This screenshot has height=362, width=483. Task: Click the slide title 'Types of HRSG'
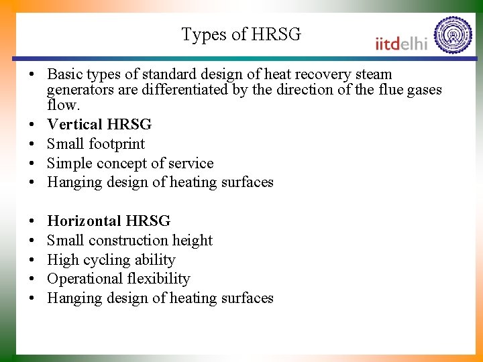pyautogui.click(x=241, y=35)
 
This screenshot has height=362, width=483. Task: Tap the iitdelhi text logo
pyautogui.click(x=402, y=44)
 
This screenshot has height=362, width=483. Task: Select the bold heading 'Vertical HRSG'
pyautogui.click(x=99, y=125)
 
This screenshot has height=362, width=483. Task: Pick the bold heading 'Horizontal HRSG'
pyautogui.click(x=109, y=221)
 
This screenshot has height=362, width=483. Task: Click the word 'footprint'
pyautogui.click(x=117, y=144)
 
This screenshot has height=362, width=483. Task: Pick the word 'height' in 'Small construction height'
pyautogui.click(x=192, y=241)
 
